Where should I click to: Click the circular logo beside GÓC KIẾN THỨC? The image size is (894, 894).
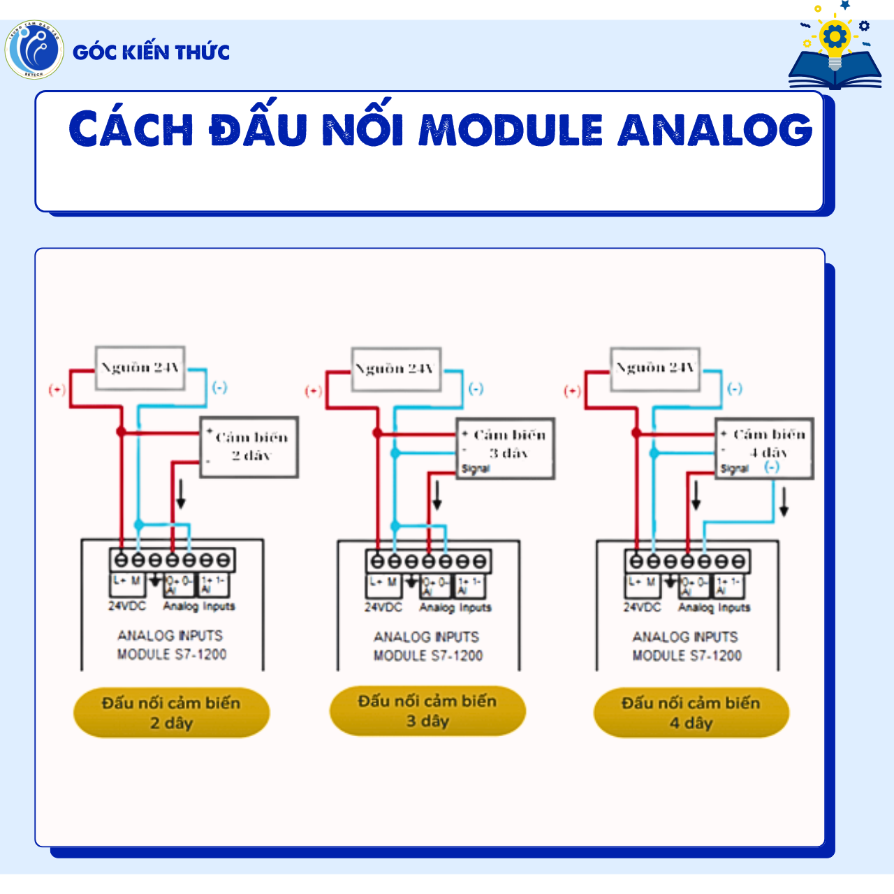[x=34, y=50]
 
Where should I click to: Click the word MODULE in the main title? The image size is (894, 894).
[x=511, y=130]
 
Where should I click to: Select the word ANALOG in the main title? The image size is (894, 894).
[x=715, y=130]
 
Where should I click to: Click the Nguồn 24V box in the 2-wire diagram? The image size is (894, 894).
[x=140, y=367]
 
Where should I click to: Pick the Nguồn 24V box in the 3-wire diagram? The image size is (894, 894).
[x=396, y=369]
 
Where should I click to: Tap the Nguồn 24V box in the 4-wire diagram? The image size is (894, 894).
[x=655, y=368]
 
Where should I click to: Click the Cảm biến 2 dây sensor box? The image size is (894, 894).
[x=249, y=447]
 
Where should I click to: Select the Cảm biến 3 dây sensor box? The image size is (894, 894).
[x=506, y=448]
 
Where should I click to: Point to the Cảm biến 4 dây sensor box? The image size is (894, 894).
[x=764, y=448]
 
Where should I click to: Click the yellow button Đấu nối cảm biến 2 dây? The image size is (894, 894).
[x=171, y=713]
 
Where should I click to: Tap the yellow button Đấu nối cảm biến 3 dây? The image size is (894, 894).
[x=427, y=711]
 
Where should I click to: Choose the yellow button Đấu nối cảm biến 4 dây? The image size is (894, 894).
[x=691, y=713]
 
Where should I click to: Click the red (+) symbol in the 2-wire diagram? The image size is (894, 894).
[x=57, y=390]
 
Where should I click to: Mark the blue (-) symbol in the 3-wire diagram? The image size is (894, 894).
[x=476, y=388]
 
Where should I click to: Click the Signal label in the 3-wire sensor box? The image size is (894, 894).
[x=476, y=469]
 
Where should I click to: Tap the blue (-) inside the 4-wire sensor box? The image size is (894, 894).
[x=771, y=467]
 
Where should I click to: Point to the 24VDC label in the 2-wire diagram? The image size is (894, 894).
[x=127, y=606]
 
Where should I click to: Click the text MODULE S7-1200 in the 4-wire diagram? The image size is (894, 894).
[x=687, y=656]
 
